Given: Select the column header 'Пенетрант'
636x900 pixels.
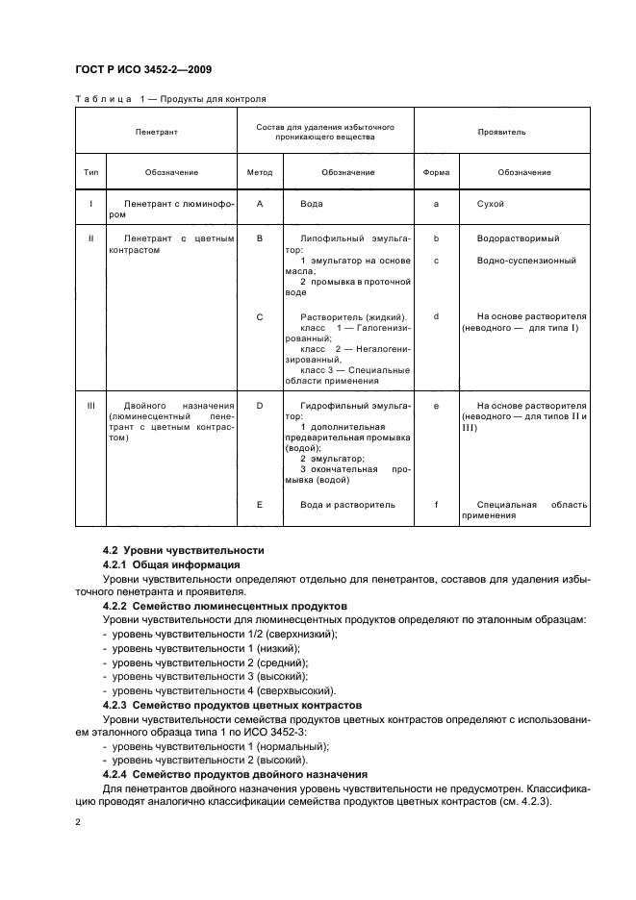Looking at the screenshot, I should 157,129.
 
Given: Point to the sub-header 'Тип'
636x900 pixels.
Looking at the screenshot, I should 91,172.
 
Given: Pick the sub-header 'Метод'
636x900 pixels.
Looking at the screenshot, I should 260,172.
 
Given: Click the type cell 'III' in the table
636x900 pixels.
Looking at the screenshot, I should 91,406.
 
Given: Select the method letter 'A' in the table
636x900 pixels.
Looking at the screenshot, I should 260,204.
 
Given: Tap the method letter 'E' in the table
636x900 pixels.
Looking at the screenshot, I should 260,504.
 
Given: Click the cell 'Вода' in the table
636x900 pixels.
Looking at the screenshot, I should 311,204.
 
